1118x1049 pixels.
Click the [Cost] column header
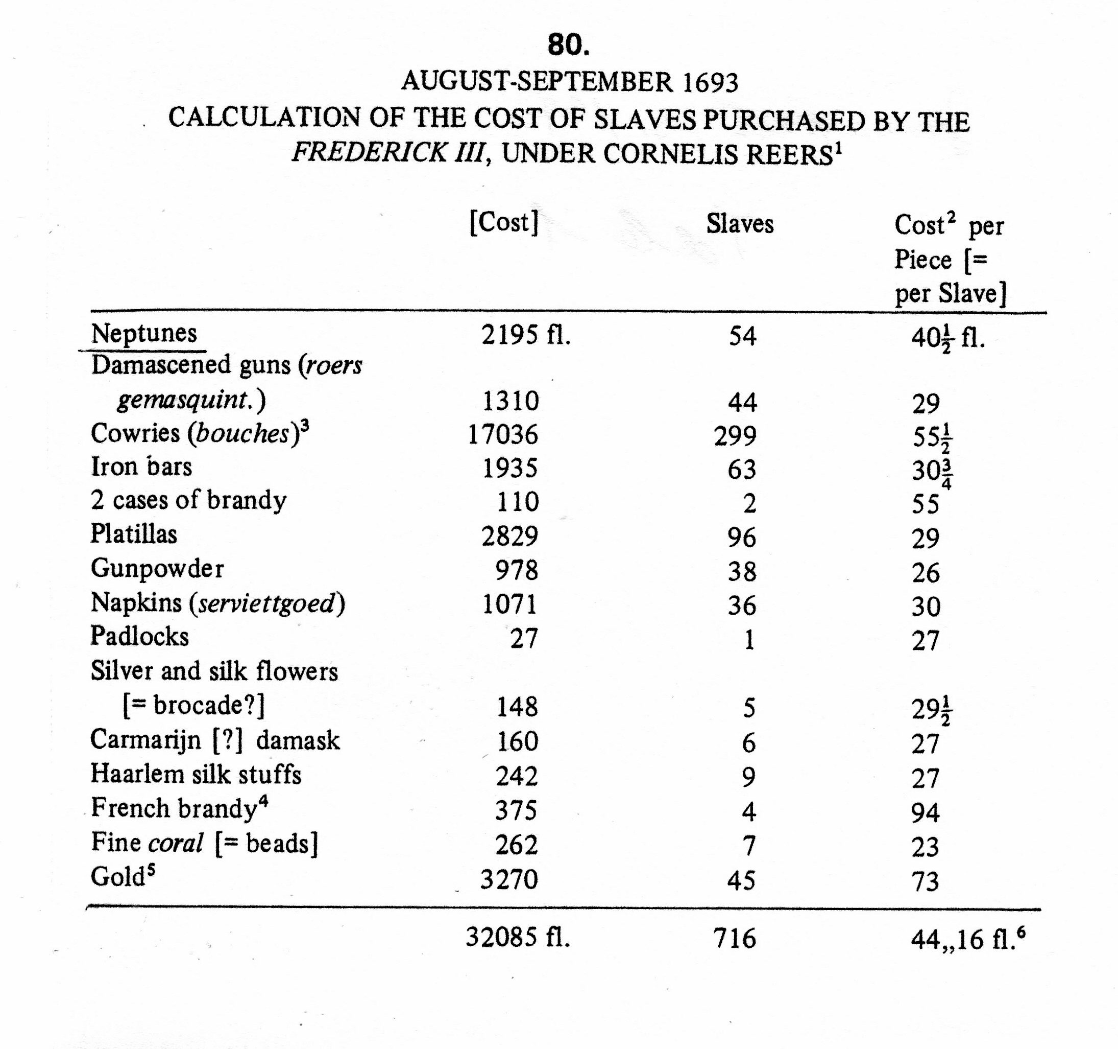pos(504,223)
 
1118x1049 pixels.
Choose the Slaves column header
pos(740,224)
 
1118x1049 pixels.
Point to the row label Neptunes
pos(144,333)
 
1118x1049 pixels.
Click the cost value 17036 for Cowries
pos(503,434)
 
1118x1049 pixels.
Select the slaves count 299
pos(736,436)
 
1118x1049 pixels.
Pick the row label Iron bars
pos(141,467)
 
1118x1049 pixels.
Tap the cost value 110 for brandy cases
pos(517,502)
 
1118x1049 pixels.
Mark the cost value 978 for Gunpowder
pos(516,570)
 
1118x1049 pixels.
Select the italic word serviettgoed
pos(266,603)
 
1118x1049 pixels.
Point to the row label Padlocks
pos(139,637)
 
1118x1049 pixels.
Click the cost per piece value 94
pos(925,812)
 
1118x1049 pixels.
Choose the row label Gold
pos(119,876)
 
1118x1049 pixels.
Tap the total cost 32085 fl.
pos(517,938)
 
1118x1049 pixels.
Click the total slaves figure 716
pos(735,938)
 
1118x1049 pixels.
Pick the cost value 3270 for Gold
pos(509,879)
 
